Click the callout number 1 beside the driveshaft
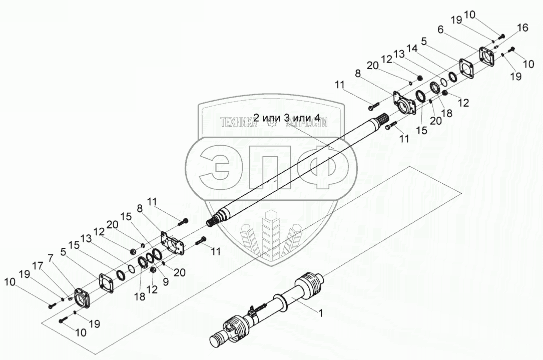pyautogui.click(x=321, y=313)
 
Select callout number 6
pyautogui.click(x=440, y=30)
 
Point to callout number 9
pyautogui.click(x=166, y=282)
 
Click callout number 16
pyautogui.click(x=522, y=28)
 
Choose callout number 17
pyautogui.click(x=38, y=266)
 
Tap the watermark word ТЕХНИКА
pyautogui.click(x=239, y=122)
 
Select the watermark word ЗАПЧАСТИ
pyautogui.click(x=306, y=122)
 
